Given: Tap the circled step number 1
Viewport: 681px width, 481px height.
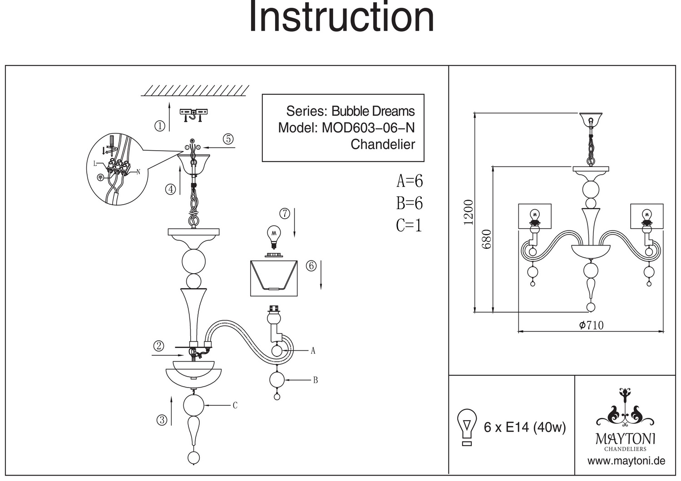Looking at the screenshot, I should (160, 126).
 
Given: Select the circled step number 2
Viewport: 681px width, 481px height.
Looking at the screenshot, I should (158, 346).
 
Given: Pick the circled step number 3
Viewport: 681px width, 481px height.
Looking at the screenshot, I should (162, 420).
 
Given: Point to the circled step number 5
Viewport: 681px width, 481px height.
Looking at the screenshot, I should (228, 139).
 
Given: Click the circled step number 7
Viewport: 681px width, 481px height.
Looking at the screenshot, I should (285, 213).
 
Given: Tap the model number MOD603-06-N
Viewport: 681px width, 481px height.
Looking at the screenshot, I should (368, 128).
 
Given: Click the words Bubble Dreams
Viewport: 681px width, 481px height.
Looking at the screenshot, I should (373, 111).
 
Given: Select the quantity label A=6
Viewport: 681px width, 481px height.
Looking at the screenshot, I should (410, 181).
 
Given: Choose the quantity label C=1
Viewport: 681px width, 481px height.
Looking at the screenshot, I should (409, 225).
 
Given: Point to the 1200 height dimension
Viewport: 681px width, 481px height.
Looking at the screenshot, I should (469, 212).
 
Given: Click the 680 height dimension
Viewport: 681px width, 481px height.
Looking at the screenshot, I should (487, 239).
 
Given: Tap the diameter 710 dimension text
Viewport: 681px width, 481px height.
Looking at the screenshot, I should (591, 325).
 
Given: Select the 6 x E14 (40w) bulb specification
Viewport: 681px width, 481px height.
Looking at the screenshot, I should (525, 427).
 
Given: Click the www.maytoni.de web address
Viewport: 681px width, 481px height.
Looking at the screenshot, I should (626, 461).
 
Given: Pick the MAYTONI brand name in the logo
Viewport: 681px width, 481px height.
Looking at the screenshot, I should (625, 438).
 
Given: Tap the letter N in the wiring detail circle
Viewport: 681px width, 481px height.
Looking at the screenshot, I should (138, 172).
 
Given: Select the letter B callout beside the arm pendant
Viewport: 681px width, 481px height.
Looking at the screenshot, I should (315, 380).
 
